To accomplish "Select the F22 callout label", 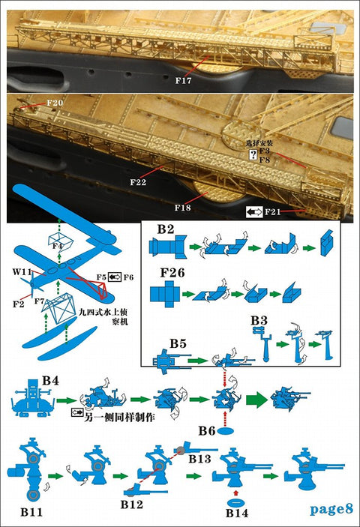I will click(138, 181).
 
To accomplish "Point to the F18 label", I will click(184, 206).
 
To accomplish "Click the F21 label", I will click(274, 213).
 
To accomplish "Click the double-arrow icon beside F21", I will click(253, 213).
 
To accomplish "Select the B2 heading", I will click(166, 229).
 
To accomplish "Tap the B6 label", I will click(208, 431).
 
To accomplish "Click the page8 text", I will click(331, 508).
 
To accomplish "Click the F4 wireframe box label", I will click(58, 245).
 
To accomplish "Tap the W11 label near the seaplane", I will click(20, 272).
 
